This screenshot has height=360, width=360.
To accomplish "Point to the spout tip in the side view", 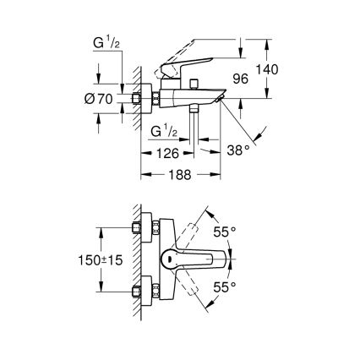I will pyautogui.click(x=221, y=98).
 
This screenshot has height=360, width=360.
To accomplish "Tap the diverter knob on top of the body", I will pyautogui.click(x=194, y=84).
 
